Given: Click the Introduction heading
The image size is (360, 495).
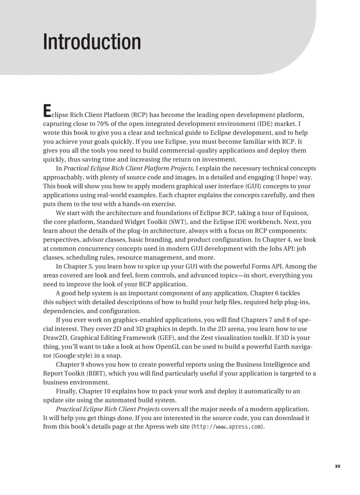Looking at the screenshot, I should (x=92, y=42).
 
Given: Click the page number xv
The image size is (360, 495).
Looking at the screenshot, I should (x=337, y=466).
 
